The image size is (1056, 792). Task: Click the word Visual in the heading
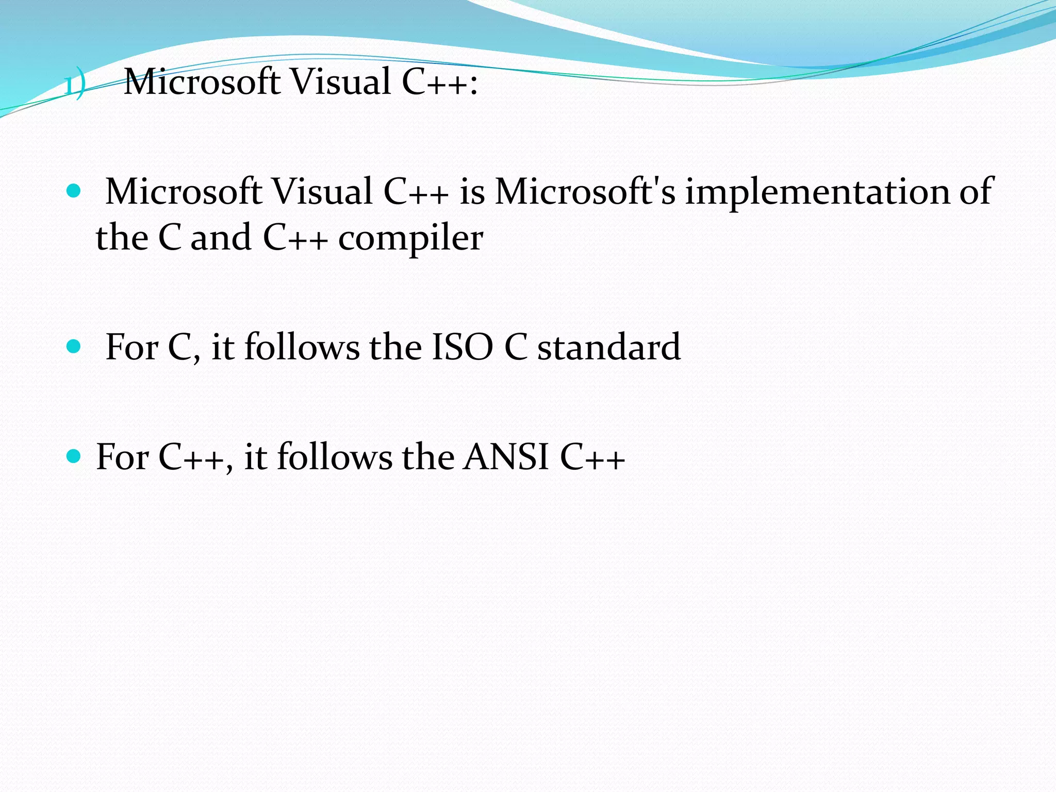pos(341,82)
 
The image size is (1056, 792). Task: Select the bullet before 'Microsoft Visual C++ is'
pos(74,192)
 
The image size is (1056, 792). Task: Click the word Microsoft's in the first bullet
pos(585,192)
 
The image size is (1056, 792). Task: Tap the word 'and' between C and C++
pos(221,238)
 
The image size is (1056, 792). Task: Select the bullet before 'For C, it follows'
pos(74,346)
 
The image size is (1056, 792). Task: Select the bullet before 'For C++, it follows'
pos(74,456)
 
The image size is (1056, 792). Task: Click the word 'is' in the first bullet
pos(472,192)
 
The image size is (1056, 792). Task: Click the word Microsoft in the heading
pos(202,82)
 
